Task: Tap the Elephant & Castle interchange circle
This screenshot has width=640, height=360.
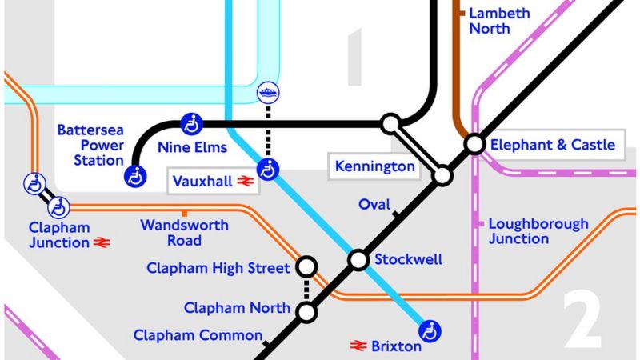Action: click(x=474, y=144)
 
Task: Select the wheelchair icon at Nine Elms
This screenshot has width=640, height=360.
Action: click(x=191, y=123)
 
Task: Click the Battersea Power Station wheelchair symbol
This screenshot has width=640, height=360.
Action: click(x=135, y=176)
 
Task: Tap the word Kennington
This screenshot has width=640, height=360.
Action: click(x=376, y=167)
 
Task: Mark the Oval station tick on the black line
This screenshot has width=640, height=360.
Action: click(x=396, y=214)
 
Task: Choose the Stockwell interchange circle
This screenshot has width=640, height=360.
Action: click(x=358, y=260)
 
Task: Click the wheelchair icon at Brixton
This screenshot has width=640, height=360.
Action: click(x=431, y=329)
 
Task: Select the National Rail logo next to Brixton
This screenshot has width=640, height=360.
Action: click(x=358, y=346)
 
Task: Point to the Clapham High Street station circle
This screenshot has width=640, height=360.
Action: click(x=306, y=266)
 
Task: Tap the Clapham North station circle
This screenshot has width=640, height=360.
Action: click(x=306, y=313)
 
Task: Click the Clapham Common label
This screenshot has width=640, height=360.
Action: click(x=198, y=335)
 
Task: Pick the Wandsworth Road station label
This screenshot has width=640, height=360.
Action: click(x=184, y=232)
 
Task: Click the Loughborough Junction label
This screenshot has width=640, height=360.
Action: click(x=538, y=231)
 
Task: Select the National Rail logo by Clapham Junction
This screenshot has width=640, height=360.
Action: click(x=102, y=242)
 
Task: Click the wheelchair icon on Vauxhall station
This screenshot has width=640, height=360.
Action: click(x=271, y=170)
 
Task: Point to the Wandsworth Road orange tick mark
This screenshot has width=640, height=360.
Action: click(x=185, y=214)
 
